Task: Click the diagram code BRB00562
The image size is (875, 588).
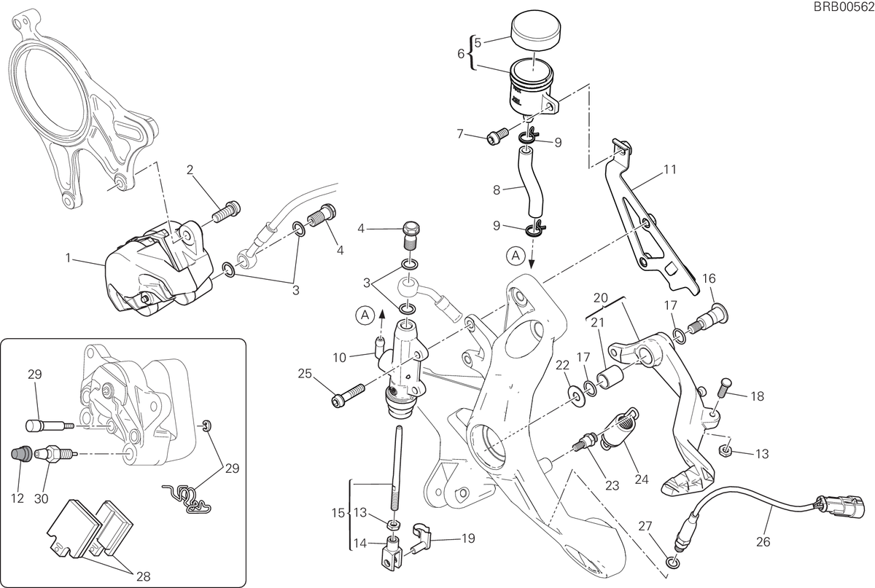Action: click(x=844, y=7)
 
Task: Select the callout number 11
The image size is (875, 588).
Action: click(x=670, y=170)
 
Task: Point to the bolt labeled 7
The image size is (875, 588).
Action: click(x=497, y=136)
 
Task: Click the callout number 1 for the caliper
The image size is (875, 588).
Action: click(x=69, y=258)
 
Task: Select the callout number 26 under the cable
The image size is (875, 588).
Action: click(x=763, y=541)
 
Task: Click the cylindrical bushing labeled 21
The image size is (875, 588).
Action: click(x=610, y=377)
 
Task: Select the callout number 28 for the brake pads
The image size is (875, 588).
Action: click(x=144, y=576)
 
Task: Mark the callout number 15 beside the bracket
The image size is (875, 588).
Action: click(x=338, y=513)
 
